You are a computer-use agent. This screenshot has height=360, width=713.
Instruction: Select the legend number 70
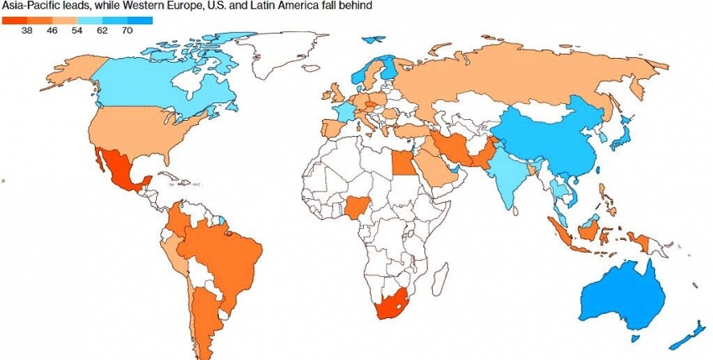127,29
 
